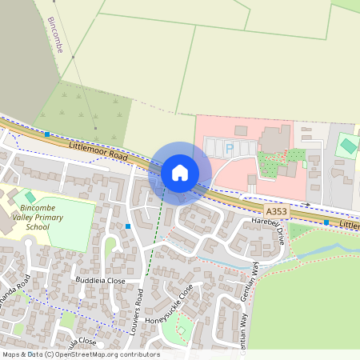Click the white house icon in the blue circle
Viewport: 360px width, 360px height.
[x=180, y=172]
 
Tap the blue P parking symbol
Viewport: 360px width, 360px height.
[x=230, y=147]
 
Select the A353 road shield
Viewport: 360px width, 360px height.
[x=276, y=211]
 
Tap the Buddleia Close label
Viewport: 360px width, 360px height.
[x=100, y=282]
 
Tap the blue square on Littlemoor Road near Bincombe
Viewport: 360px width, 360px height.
[x=47, y=134]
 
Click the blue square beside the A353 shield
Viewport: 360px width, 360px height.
[x=326, y=222]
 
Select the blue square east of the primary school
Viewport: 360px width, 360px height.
[x=128, y=226]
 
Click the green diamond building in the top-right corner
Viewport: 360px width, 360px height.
[x=347, y=146]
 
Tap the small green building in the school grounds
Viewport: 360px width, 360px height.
[x=30, y=197]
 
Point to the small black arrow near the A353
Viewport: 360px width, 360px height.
[x=307, y=205]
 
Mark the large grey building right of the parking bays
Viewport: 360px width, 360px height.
[x=275, y=138]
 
